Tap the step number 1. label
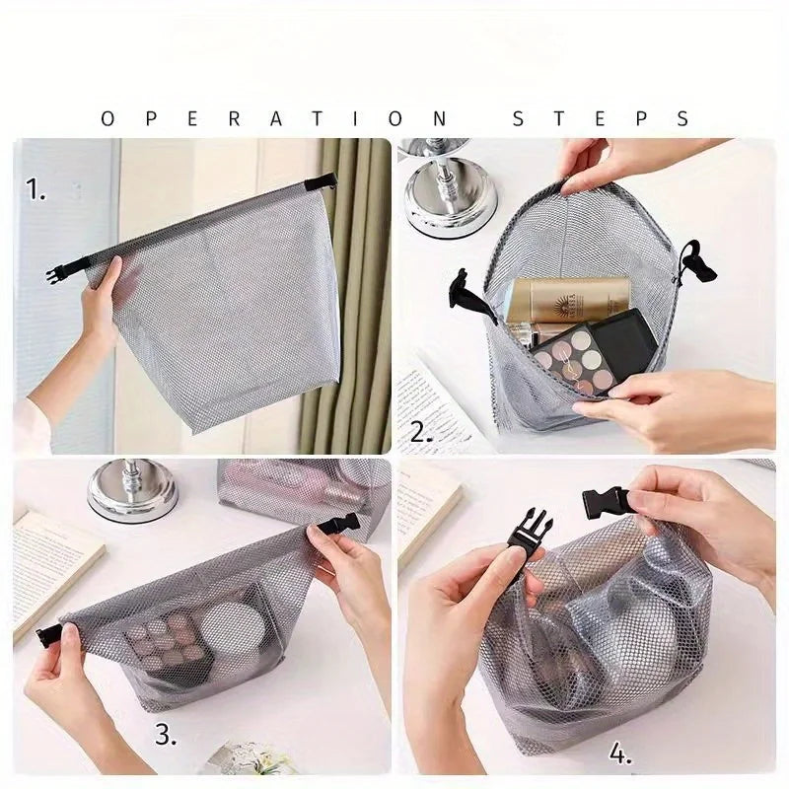[36, 189]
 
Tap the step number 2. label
[422, 431]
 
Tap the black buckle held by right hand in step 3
[338, 524]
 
